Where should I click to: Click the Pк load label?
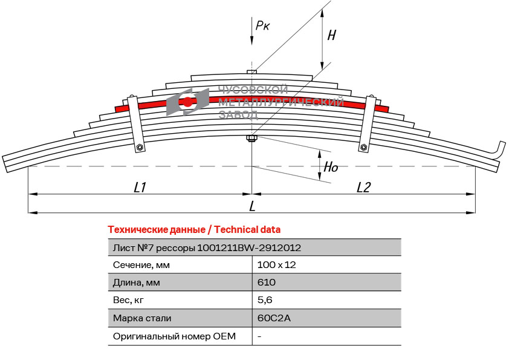(262, 25)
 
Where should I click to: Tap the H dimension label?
(331, 35)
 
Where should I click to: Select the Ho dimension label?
(331, 168)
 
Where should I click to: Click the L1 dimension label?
(140, 188)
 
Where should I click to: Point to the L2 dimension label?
(363, 188)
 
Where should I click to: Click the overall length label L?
(252, 206)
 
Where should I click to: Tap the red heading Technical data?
(194, 230)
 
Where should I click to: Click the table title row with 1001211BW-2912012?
(207, 247)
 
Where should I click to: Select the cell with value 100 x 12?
(276, 265)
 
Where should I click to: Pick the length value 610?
(267, 283)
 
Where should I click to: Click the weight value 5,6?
(265, 300)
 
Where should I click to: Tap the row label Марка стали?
(142, 318)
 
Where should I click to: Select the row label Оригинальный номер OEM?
(174, 336)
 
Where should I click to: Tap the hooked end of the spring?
(499, 149)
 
